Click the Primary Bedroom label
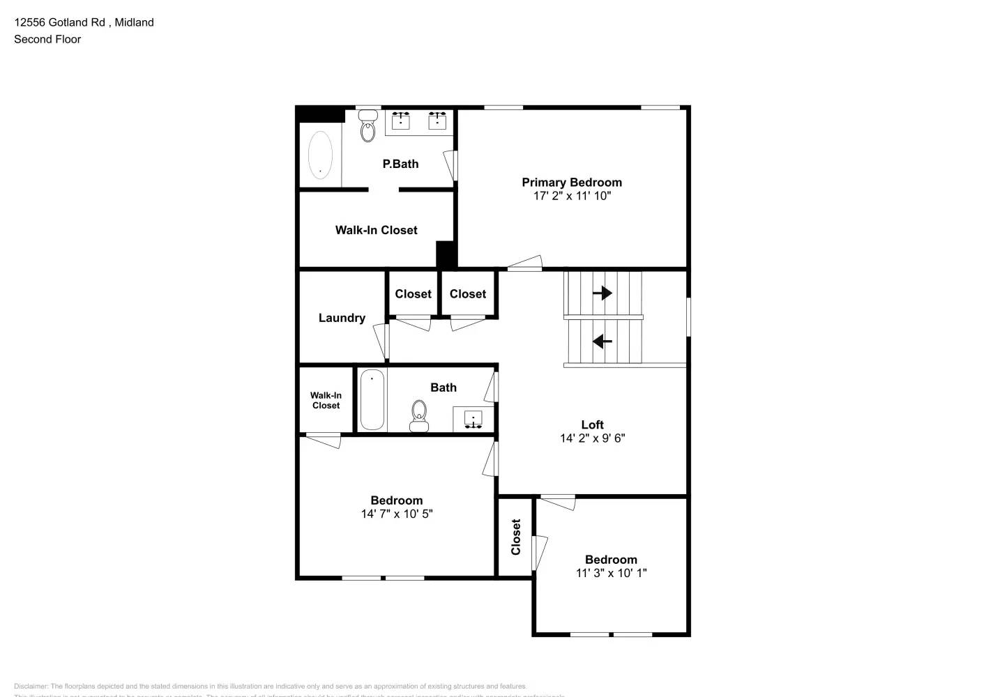click(x=572, y=183)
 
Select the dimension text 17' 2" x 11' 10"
click(x=572, y=196)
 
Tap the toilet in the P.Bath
click(x=367, y=128)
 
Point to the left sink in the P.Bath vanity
click(x=400, y=121)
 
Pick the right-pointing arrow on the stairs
click(x=602, y=293)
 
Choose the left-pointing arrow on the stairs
click(x=602, y=342)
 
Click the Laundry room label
click(x=342, y=318)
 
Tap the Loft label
click(x=592, y=424)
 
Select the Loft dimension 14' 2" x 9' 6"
click(x=592, y=438)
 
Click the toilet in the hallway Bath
click(x=418, y=414)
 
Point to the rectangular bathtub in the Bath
click(x=372, y=399)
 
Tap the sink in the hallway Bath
click(x=473, y=420)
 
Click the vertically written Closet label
click(x=516, y=537)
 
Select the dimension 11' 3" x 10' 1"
click(x=611, y=573)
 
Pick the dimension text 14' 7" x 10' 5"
click(x=396, y=514)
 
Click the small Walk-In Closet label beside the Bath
click(x=326, y=400)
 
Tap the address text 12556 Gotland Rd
click(x=59, y=22)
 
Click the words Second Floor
click(x=47, y=39)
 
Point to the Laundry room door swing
click(x=381, y=340)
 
